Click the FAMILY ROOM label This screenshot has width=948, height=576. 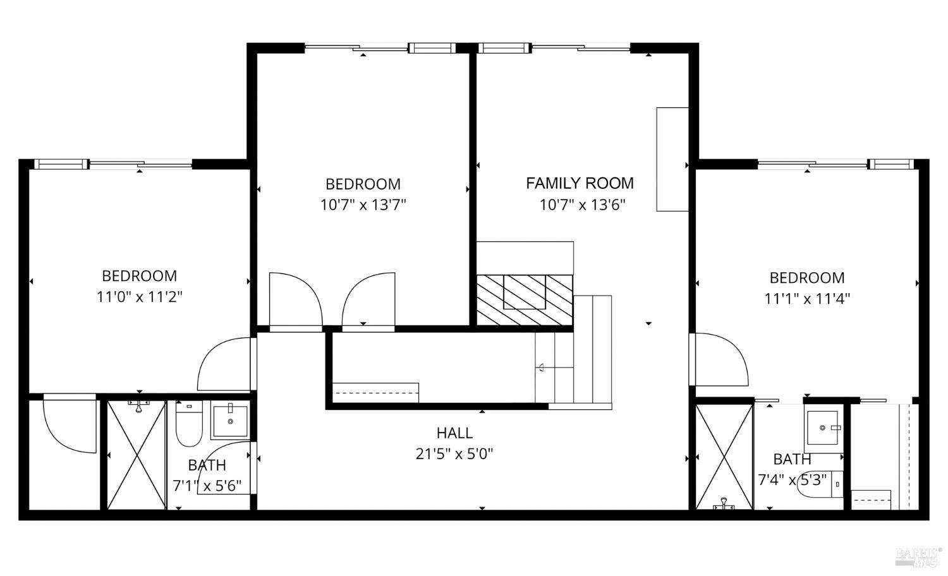(x=580, y=183)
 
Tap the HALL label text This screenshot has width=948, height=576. (x=454, y=433)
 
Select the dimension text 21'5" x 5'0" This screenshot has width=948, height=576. (x=454, y=453)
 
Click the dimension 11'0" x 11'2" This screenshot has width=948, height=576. (x=139, y=297)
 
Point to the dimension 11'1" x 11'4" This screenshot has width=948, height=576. (x=807, y=299)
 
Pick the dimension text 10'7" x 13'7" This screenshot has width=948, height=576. (x=363, y=205)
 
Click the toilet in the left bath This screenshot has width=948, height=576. (x=188, y=424)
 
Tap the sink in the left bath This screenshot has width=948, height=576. (x=230, y=421)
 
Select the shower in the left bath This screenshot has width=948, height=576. (x=137, y=454)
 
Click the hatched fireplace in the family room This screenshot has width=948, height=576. (x=524, y=299)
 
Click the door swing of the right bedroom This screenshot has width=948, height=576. (x=719, y=359)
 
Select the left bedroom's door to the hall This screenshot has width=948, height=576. (x=226, y=365)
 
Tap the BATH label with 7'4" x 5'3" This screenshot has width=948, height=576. (x=792, y=459)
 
